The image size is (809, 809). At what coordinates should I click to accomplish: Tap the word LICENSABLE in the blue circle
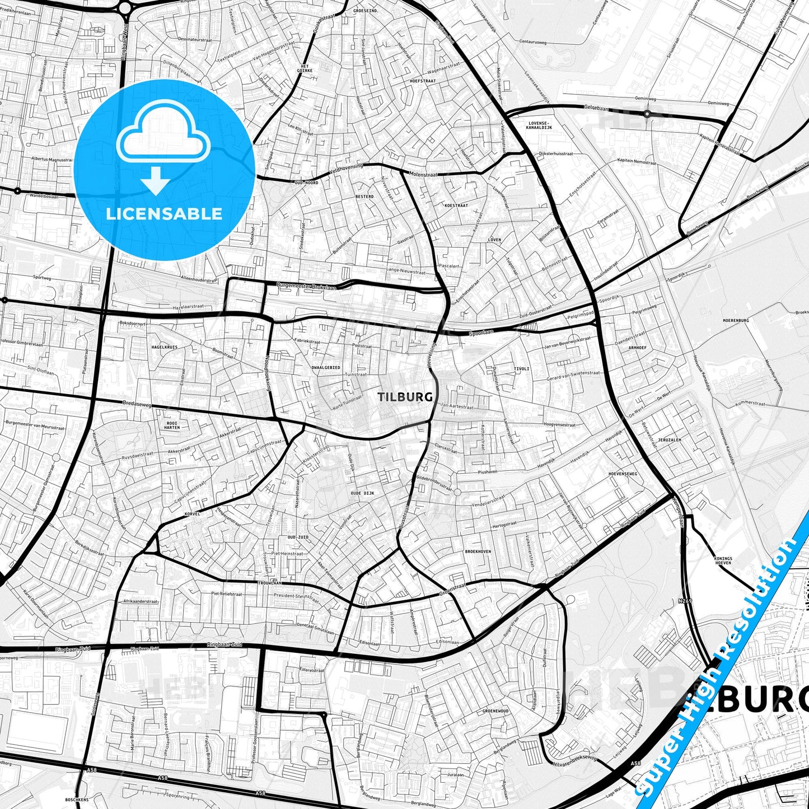(x=164, y=213)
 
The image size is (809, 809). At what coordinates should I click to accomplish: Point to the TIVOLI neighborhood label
(x=521, y=370)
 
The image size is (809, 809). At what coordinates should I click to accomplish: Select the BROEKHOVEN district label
(x=478, y=551)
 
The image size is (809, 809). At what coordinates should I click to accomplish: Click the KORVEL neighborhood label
(x=191, y=513)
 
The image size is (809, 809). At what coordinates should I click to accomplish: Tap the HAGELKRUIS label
(x=164, y=347)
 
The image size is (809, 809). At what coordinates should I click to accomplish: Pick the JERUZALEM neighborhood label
(x=670, y=440)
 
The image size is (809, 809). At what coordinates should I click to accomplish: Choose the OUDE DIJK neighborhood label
(x=362, y=493)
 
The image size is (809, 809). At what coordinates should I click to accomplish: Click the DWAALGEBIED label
(x=325, y=368)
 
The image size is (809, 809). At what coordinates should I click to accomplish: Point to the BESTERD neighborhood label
(x=364, y=197)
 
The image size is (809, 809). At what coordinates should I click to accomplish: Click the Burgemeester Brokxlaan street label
(x=307, y=286)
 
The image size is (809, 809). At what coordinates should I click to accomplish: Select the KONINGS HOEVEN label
(x=723, y=560)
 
